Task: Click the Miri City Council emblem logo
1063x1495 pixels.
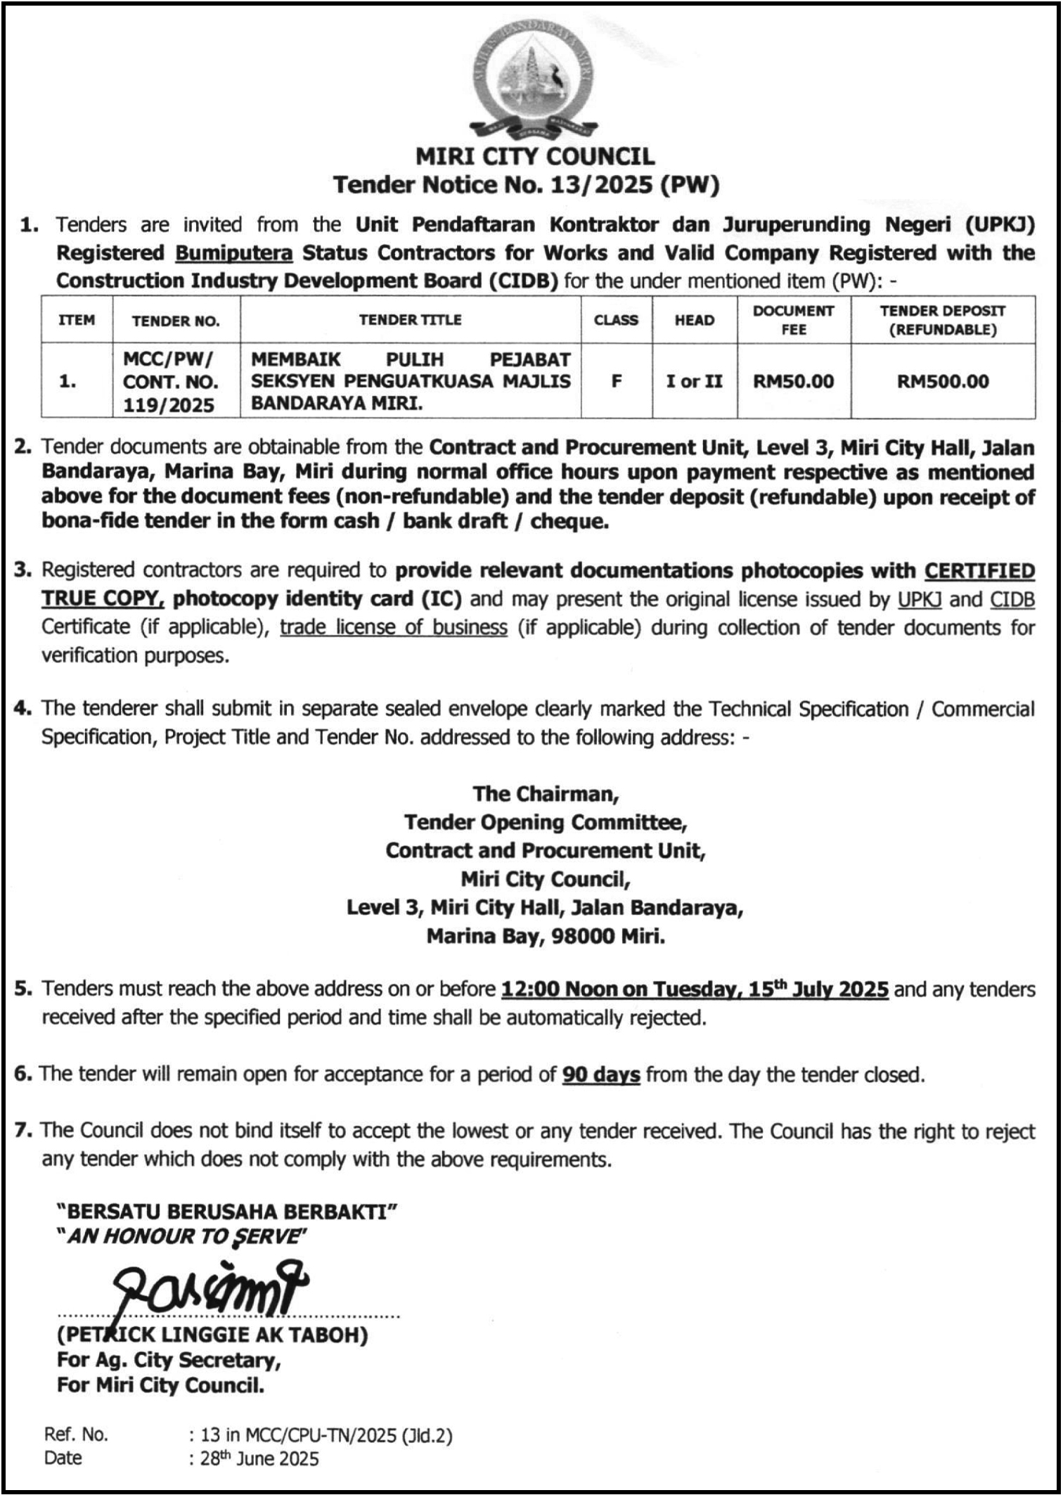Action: (532, 80)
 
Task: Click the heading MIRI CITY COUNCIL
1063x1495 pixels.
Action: (535, 156)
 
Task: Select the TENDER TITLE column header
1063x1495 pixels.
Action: (410, 320)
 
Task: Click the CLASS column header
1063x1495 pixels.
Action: (616, 320)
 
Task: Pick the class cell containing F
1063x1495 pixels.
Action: (617, 381)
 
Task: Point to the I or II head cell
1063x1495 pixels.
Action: (694, 381)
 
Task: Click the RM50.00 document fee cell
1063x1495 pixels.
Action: (793, 381)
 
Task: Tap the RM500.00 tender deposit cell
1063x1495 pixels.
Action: (942, 381)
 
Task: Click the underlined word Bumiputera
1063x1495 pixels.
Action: (234, 253)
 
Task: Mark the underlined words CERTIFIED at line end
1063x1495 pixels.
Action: (979, 570)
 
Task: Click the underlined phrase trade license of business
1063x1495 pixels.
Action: (394, 627)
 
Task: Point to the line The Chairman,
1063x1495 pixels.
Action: (546, 794)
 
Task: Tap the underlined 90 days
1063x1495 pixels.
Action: (601, 1074)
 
